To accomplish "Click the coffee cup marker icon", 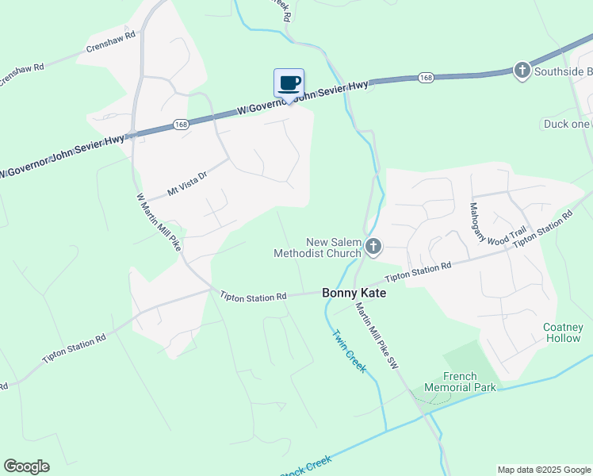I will pyautogui.click(x=289, y=83).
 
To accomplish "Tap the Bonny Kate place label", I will pyautogui.click(x=354, y=293).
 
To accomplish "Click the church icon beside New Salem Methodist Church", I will pyautogui.click(x=373, y=248).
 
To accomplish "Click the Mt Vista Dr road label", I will pyautogui.click(x=187, y=184).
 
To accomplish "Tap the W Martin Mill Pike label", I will pyautogui.click(x=159, y=222).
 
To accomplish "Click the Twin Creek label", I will pyautogui.click(x=349, y=351).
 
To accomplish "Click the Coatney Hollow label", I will pyautogui.click(x=563, y=332).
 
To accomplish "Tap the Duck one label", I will pyautogui.click(x=566, y=124).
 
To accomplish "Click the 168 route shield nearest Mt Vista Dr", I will pyautogui.click(x=181, y=125).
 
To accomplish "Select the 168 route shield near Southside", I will pyautogui.click(x=427, y=78).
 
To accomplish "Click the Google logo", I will pyautogui.click(x=26, y=466).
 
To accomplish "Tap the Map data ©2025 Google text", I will pyautogui.click(x=544, y=470).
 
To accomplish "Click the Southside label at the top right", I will pyautogui.click(x=562, y=71).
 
